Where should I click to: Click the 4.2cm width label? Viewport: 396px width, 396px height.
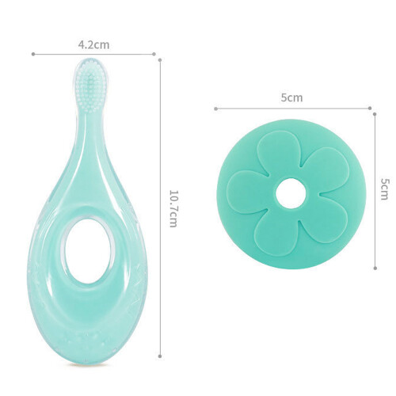point(93,45)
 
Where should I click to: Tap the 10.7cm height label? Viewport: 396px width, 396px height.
point(173,208)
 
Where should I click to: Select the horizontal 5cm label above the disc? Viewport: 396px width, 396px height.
point(291,98)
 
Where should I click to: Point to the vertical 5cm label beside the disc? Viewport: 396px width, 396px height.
point(385,189)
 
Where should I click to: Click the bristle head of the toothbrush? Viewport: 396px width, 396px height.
point(90,86)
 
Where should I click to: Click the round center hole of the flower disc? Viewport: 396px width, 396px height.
point(291,193)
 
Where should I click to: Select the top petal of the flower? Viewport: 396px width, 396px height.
point(278,154)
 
